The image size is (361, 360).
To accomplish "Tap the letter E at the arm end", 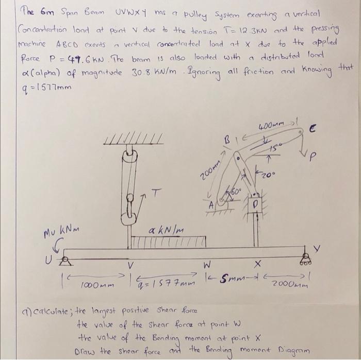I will click(328, 132).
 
